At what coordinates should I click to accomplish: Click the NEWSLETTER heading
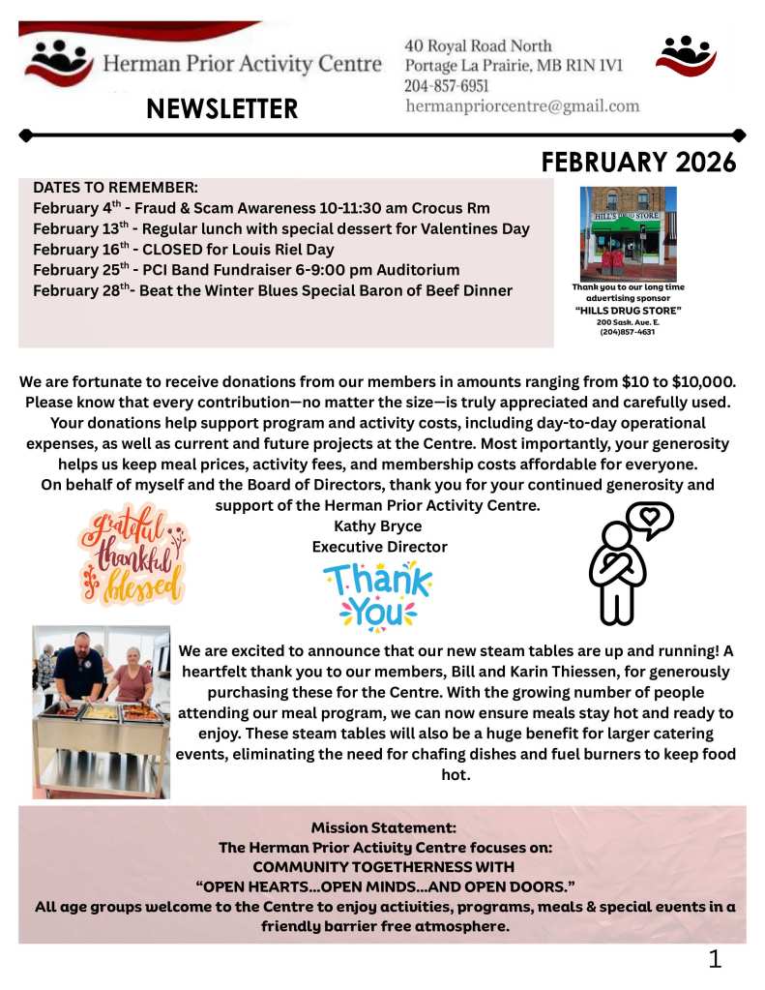(221, 108)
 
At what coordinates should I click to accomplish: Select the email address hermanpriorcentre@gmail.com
(522, 106)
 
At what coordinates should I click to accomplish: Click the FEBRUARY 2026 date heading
(638, 162)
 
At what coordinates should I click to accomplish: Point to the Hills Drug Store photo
(628, 233)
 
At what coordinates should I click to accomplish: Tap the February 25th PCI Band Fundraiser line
(246, 270)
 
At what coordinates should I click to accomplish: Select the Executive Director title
(379, 547)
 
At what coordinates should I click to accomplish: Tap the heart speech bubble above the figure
(650, 520)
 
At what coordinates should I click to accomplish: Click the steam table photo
(101, 711)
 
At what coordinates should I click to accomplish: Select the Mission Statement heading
(382, 828)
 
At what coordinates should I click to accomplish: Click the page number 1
(715, 959)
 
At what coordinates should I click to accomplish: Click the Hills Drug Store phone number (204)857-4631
(628, 332)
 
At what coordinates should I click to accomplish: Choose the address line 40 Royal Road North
(479, 45)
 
